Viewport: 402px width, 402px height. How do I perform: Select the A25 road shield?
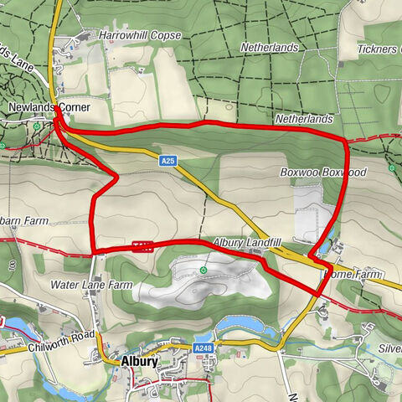pyautogui.click(x=168, y=160)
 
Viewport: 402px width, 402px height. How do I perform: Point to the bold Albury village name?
pyautogui.click(x=140, y=362)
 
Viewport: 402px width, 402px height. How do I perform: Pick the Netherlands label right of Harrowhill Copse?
pyautogui.click(x=269, y=48)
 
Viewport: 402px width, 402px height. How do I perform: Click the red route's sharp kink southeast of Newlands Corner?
pyautogui.click(x=116, y=175)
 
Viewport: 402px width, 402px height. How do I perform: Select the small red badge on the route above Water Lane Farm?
pyautogui.click(x=141, y=246)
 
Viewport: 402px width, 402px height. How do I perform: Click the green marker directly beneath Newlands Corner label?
pyautogui.click(x=38, y=126)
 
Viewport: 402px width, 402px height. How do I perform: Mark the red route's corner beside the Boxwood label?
pyautogui.click(x=344, y=141)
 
